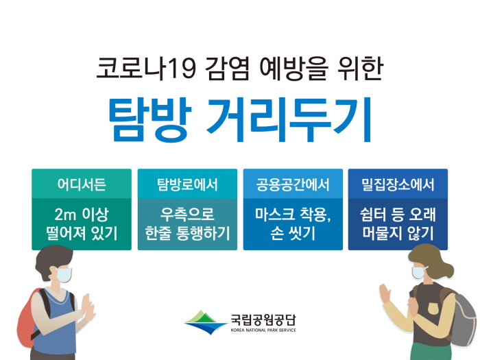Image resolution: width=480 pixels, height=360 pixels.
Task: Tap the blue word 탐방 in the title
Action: click(150, 119)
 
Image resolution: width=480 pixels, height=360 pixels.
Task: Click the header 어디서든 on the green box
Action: click(82, 184)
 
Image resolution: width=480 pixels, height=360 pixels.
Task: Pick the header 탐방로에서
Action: click(187, 184)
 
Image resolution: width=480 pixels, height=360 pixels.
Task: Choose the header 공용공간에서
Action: click(293, 184)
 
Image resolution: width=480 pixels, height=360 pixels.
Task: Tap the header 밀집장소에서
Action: click(398, 184)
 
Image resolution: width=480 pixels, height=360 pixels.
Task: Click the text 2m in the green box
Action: click(65, 214)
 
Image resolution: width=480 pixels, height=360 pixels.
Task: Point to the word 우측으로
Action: click(187, 214)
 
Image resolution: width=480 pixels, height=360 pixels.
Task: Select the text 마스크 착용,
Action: click(293, 214)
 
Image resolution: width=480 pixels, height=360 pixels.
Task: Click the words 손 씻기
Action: click(293, 233)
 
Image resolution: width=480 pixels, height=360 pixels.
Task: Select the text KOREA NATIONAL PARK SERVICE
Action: click(263, 331)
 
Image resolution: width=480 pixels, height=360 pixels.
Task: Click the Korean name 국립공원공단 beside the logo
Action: click(263, 320)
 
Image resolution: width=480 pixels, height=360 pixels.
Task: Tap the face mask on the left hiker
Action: click(64, 274)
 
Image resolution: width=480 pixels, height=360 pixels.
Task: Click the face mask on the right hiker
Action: click(418, 272)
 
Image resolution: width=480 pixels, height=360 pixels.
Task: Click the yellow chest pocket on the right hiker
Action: click(432, 309)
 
